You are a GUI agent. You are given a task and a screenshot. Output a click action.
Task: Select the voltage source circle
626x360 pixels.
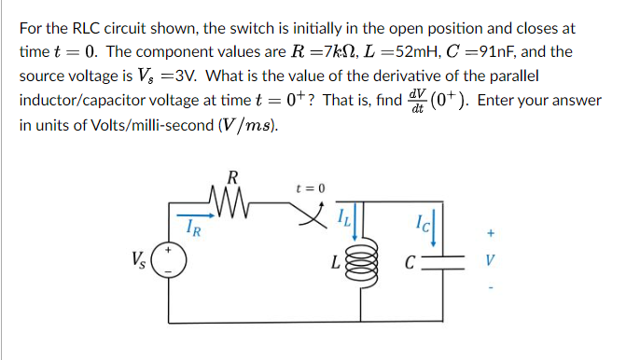[169, 259]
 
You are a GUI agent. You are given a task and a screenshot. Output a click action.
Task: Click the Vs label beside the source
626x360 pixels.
[141, 258]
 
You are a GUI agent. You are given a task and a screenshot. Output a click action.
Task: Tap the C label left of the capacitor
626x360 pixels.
[410, 261]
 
